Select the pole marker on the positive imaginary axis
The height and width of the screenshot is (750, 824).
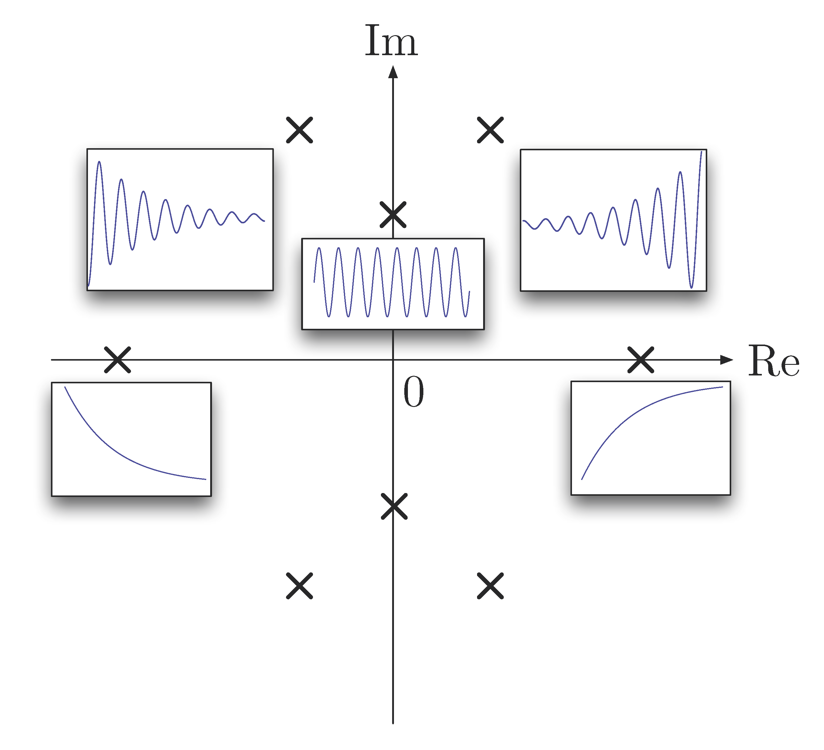(393, 215)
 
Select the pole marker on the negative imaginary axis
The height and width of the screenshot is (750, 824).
(394, 506)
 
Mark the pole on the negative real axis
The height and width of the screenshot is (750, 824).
(117, 360)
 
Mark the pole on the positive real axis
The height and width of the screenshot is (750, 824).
(641, 360)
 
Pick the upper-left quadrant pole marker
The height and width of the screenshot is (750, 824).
(299, 130)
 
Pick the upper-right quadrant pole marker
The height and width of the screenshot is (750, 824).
(490, 130)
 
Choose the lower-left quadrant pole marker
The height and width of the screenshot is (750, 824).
(299, 586)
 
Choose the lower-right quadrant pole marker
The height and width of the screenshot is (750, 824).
(490, 586)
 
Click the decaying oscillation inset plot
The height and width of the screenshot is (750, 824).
(180, 219)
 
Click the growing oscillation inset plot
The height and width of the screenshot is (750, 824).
(613, 220)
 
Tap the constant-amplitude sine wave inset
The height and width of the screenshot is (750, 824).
(393, 284)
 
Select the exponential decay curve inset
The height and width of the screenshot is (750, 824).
(131, 439)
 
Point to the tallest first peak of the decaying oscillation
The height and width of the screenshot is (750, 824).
(99, 163)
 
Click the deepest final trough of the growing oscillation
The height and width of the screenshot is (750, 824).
(691, 287)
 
